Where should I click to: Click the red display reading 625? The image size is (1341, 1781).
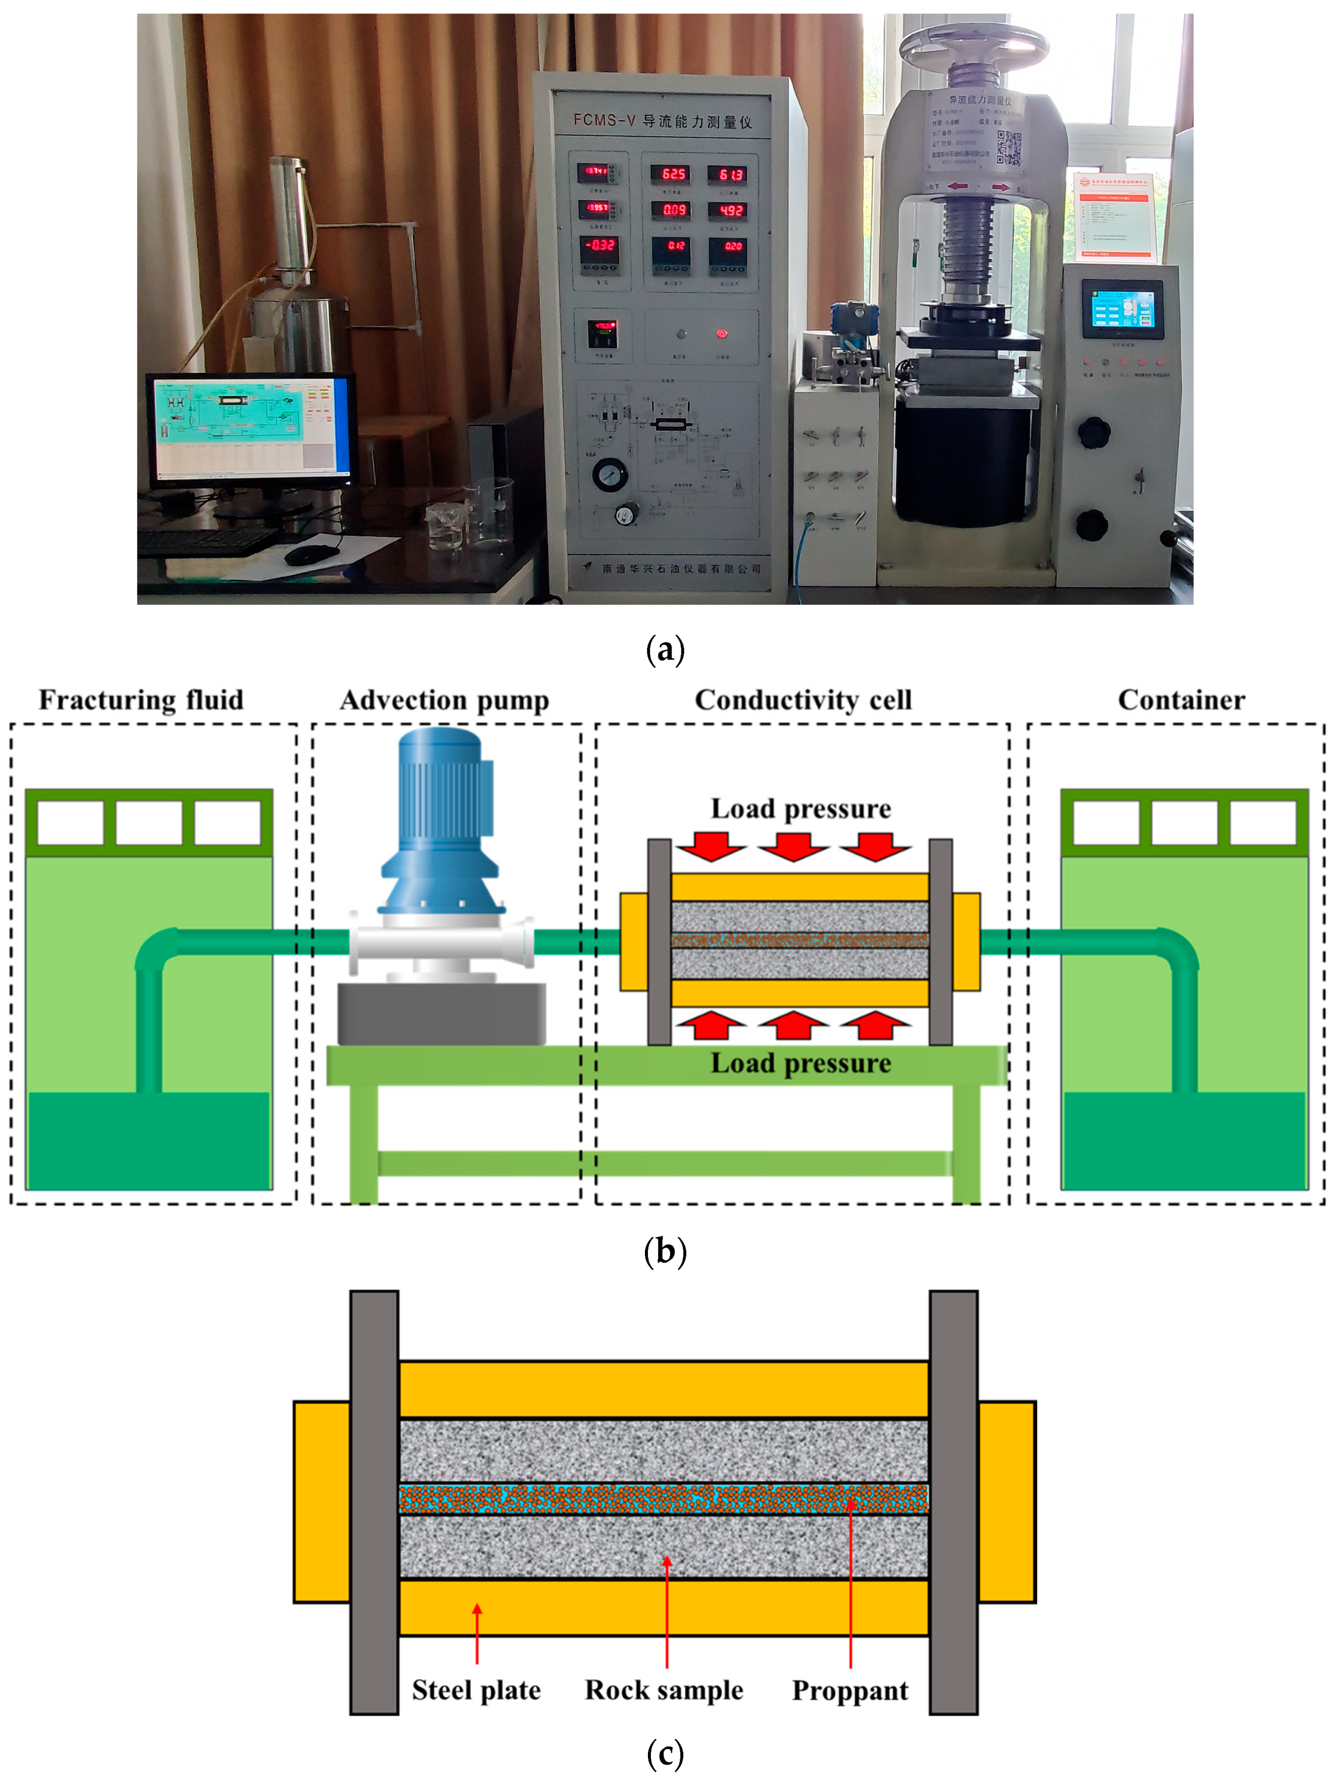click(x=673, y=174)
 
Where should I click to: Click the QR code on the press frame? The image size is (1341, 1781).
click(x=1009, y=146)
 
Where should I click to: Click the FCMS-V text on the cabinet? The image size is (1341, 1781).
click(x=604, y=121)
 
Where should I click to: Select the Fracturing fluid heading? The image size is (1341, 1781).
click(x=141, y=699)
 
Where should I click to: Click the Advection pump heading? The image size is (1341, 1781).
click(x=444, y=699)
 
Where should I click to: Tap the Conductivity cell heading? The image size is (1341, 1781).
click(x=802, y=699)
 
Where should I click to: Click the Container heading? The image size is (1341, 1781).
click(x=1180, y=699)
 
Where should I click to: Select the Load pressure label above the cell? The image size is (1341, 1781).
click(x=800, y=808)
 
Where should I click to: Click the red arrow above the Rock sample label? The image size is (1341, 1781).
click(x=666, y=1611)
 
